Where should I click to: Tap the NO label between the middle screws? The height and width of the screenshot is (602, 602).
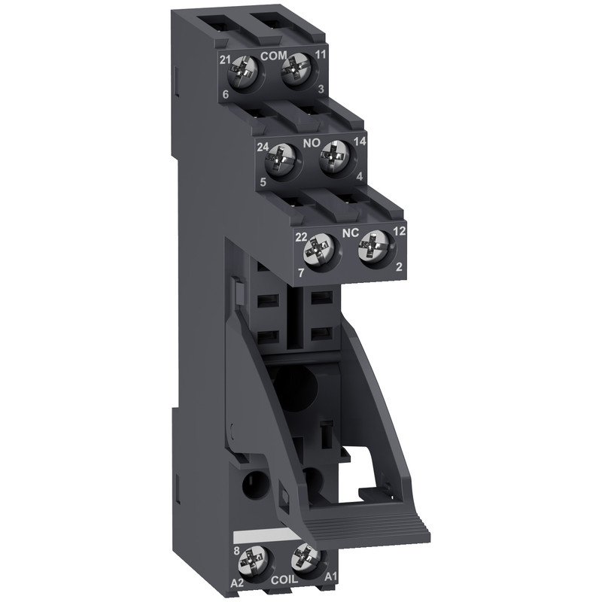click(310, 140)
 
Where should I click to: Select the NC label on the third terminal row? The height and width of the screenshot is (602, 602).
click(349, 234)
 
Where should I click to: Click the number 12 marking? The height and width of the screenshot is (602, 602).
click(399, 231)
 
